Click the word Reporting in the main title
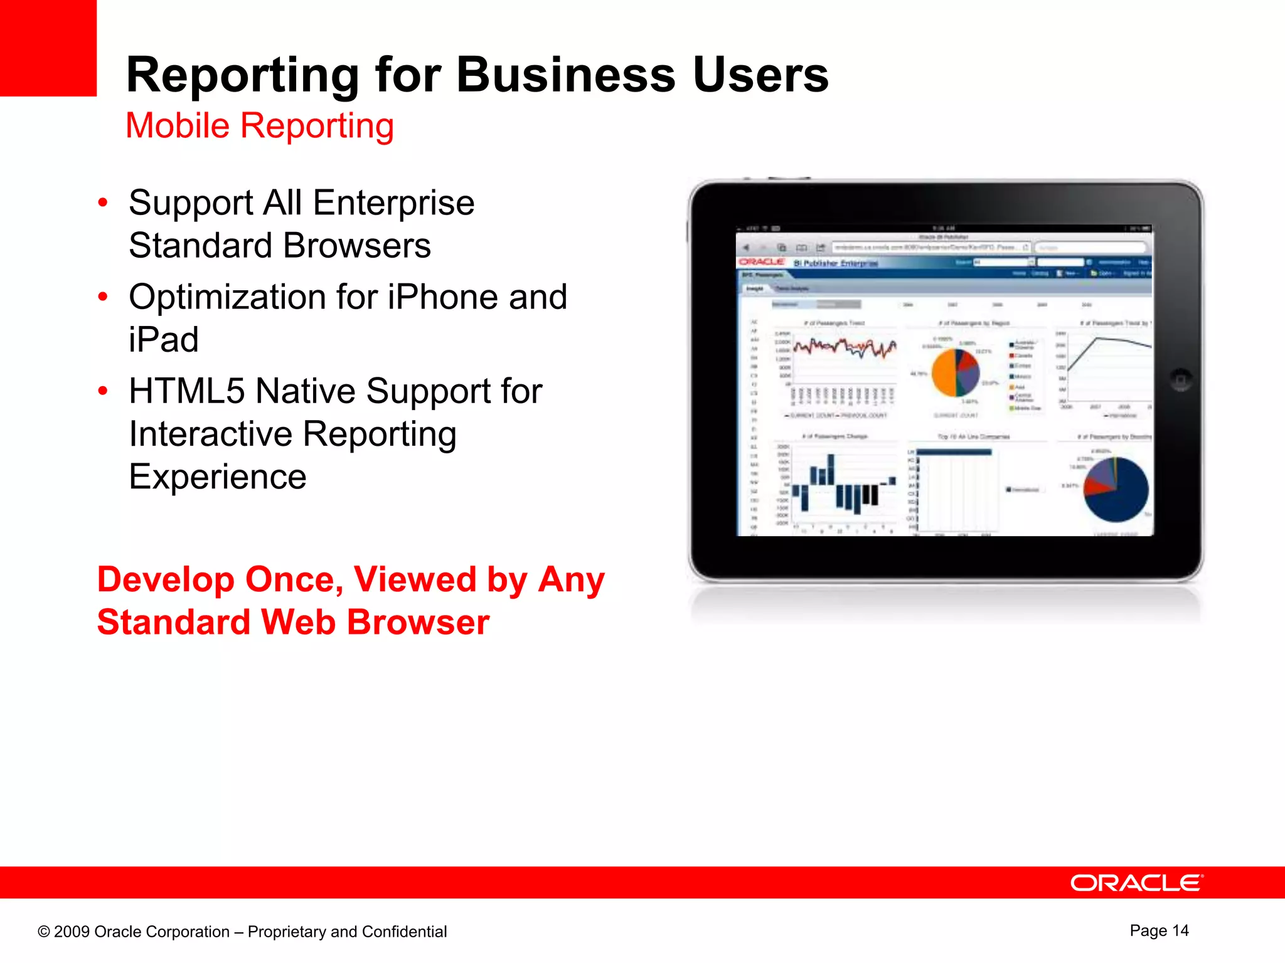242,75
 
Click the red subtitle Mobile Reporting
260,125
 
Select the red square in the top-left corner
48,48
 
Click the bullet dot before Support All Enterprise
103,203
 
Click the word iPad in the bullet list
163,340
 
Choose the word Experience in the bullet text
217,476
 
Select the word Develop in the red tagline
165,579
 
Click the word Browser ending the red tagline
418,622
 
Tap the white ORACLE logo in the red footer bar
1136,883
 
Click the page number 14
1180,930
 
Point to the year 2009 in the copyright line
72,932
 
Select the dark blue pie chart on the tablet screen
1117,490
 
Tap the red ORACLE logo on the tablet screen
761,261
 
